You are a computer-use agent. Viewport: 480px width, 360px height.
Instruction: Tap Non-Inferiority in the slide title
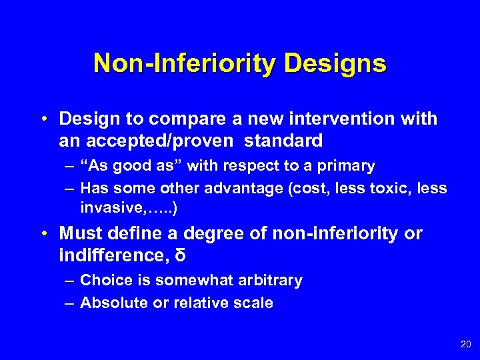(185, 64)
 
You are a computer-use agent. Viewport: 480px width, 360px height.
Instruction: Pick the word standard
(283, 141)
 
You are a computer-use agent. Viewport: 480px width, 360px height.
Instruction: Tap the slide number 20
(465, 344)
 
